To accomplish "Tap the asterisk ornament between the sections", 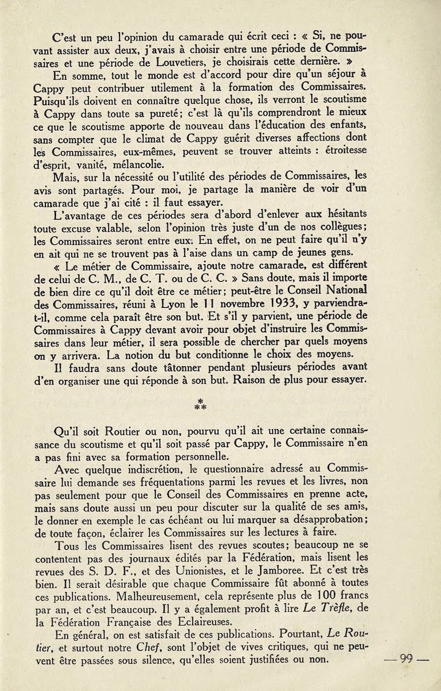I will [x=200, y=404].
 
